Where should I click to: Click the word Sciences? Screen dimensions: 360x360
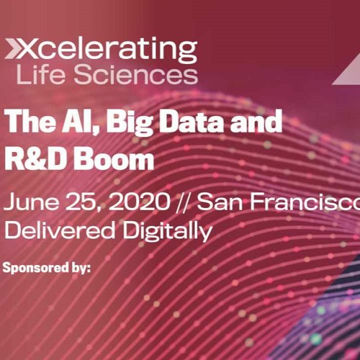tap(136, 74)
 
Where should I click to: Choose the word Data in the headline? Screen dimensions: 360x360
tap(192, 121)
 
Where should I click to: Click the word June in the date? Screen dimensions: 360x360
tap(31, 202)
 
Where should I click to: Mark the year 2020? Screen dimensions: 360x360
tap(140, 202)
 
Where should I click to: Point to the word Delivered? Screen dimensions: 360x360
tap(60, 230)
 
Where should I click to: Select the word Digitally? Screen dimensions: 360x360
tap(167, 230)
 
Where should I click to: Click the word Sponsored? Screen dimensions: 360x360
tap(35, 268)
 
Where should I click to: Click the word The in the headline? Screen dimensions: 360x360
tap(30, 121)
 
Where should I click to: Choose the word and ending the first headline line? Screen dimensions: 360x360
tap(256, 121)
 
